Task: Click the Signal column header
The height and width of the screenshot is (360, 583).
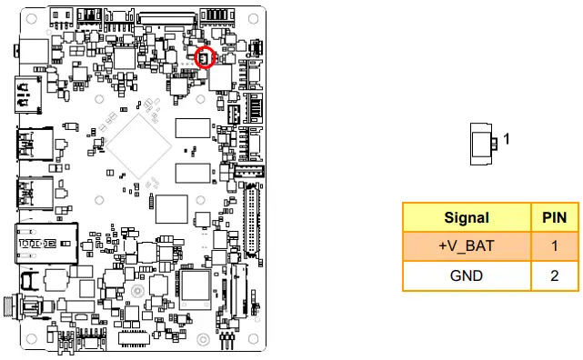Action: click(x=467, y=217)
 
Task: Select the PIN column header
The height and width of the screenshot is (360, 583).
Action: click(x=554, y=217)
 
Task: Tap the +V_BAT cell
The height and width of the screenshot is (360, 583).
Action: click(x=467, y=246)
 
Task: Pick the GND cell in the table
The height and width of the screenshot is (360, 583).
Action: click(x=467, y=275)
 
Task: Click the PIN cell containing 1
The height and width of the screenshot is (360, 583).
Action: click(x=554, y=246)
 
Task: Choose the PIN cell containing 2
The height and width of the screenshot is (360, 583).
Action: click(x=554, y=275)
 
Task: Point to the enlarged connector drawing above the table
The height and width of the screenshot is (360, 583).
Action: click(x=483, y=143)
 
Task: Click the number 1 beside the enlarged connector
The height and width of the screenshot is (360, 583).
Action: click(x=507, y=140)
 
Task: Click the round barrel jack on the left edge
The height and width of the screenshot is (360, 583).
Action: click(x=16, y=306)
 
